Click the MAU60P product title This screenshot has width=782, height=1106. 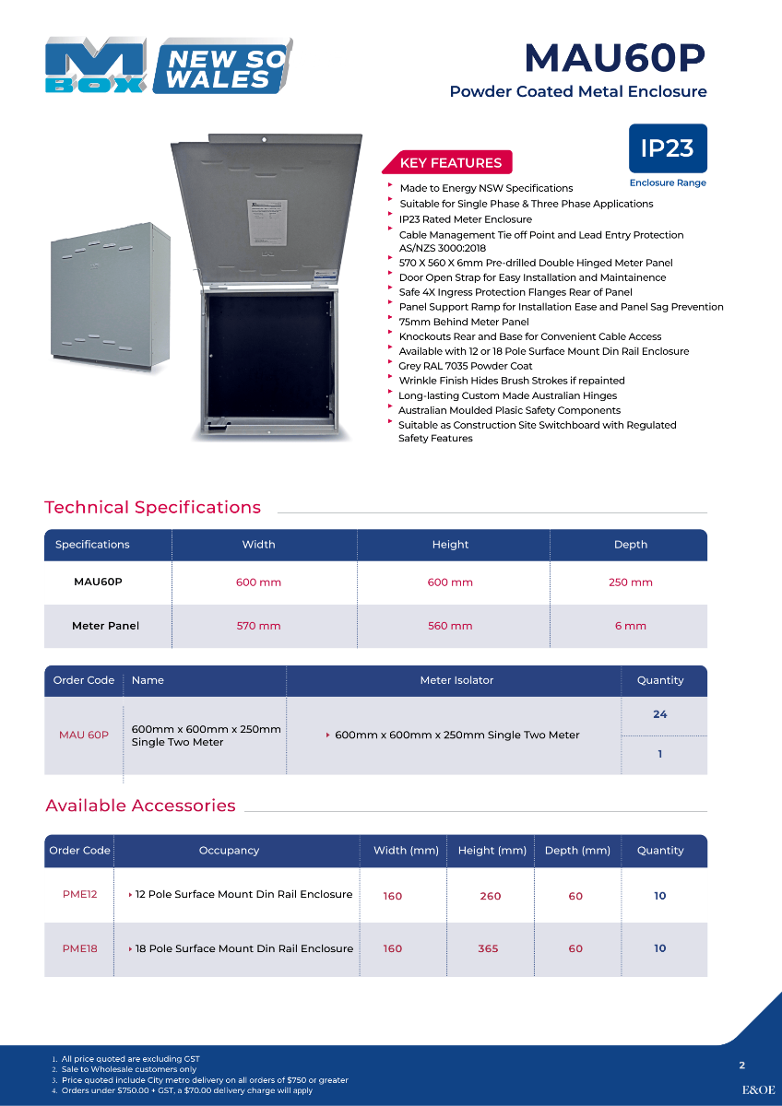614,58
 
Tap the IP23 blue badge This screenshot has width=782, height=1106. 668,148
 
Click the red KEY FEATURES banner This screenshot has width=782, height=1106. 450,163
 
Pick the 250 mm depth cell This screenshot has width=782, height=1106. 631,582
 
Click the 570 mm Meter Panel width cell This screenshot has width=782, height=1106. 258,626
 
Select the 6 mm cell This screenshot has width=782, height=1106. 631,626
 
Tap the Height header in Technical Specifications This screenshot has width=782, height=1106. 450,545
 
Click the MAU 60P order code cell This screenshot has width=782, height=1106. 84,735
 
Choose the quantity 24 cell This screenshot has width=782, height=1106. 659,714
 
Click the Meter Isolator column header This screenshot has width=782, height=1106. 456,680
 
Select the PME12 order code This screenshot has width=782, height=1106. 79,894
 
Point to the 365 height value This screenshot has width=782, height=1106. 488,948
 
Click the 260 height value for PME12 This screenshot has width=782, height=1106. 491,896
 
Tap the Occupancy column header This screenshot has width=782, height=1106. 229,851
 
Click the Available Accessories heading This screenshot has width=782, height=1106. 140,806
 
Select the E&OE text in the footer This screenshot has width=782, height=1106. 758,1089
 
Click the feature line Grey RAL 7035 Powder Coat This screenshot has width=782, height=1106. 466,366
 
